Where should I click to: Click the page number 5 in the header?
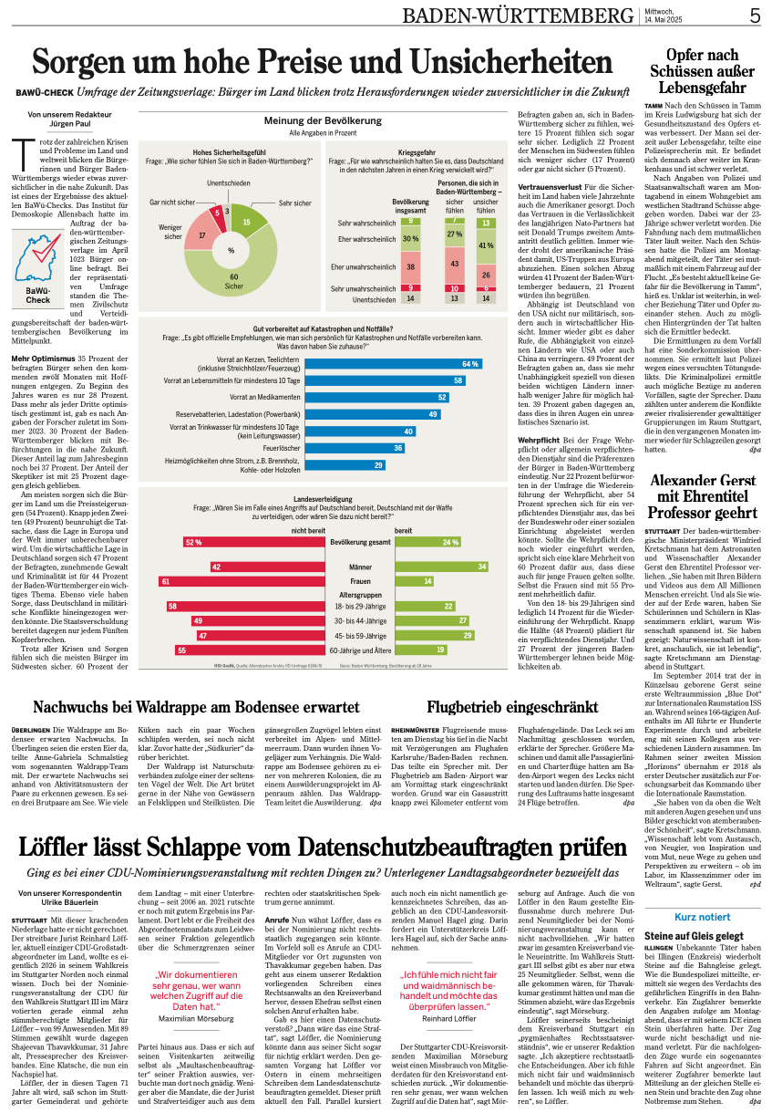click(x=756, y=16)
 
